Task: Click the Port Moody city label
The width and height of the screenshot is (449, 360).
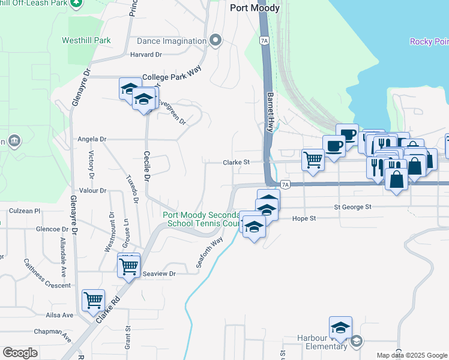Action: coord(255,8)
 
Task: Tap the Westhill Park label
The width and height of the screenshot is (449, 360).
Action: coord(86,41)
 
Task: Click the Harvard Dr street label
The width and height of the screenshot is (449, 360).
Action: coord(146,55)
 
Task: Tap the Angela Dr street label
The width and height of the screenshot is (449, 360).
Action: coord(92,139)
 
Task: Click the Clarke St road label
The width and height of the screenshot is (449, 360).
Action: coord(236,162)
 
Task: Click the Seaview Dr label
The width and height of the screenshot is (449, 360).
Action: coord(159,274)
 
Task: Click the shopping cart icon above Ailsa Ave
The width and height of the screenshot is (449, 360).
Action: coord(93,299)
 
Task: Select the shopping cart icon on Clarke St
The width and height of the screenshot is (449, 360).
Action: coord(313,160)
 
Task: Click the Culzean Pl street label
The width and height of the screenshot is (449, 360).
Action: coord(25,211)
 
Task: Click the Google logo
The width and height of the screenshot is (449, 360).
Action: coord(20,353)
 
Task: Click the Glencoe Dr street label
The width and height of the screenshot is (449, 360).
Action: coord(52,229)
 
